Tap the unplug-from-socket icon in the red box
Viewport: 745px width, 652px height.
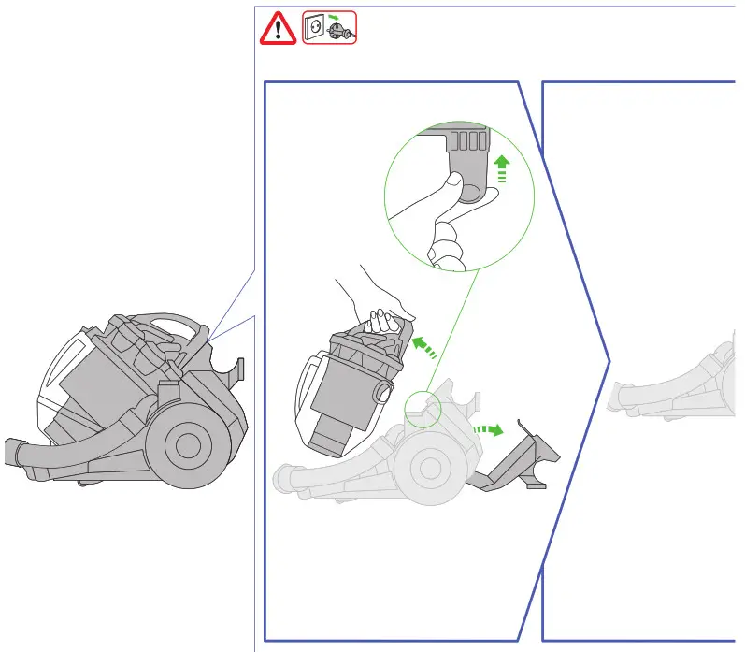point(329,30)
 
